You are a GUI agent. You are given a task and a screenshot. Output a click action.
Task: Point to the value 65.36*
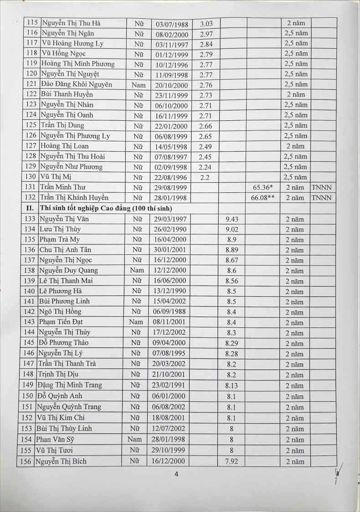click(x=262, y=187)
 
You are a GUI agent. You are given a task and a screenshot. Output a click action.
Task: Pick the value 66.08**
click(x=262, y=198)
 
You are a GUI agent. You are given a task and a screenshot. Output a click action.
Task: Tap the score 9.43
click(x=231, y=219)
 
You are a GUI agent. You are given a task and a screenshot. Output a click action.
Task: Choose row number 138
click(x=29, y=270)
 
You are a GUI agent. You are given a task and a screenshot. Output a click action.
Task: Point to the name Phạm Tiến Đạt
click(x=61, y=322)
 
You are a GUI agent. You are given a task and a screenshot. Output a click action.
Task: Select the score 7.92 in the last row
click(x=231, y=461)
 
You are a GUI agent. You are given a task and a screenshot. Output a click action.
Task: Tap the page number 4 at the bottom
click(x=176, y=474)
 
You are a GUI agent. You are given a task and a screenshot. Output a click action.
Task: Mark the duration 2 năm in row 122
click(x=295, y=94)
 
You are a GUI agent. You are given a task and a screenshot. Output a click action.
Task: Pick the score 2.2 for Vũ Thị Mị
click(x=205, y=177)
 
